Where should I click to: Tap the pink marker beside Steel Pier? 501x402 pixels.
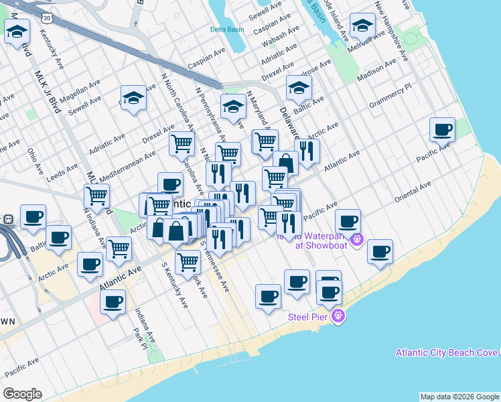[338, 316]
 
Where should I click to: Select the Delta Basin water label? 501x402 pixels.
[227, 29]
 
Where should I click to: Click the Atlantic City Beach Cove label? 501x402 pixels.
[447, 352]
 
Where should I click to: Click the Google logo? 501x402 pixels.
[22, 394]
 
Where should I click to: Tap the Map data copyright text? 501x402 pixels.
[459, 397]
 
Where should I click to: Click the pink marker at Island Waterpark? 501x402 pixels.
[357, 239]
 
